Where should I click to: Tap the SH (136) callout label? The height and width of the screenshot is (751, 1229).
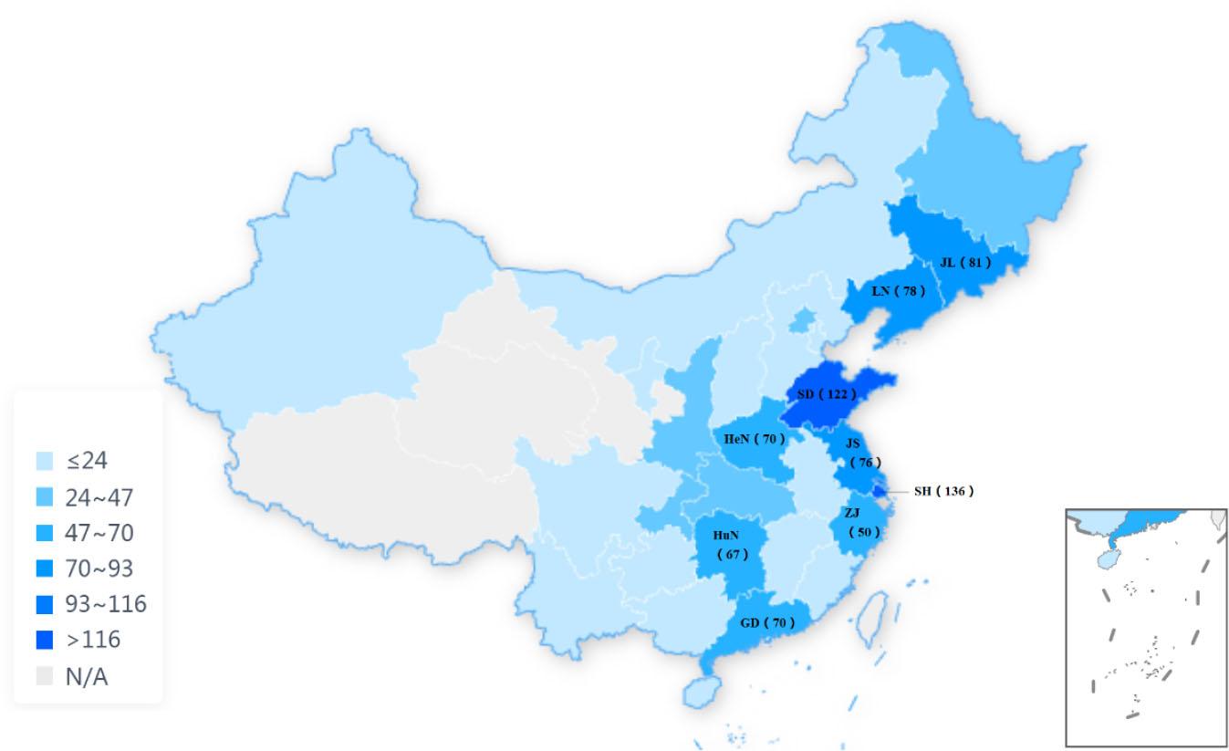pos(943,491)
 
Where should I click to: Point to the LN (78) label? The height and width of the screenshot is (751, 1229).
pos(899,291)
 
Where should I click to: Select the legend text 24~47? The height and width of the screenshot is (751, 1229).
pos(99,497)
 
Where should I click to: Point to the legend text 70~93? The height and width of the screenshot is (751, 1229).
pos(99,568)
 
